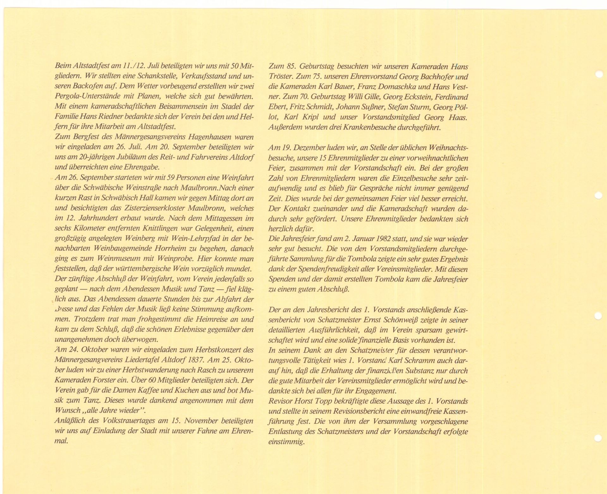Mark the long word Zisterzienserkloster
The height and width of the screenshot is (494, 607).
coord(145,208)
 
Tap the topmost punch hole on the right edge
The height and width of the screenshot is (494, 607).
coord(598,75)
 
